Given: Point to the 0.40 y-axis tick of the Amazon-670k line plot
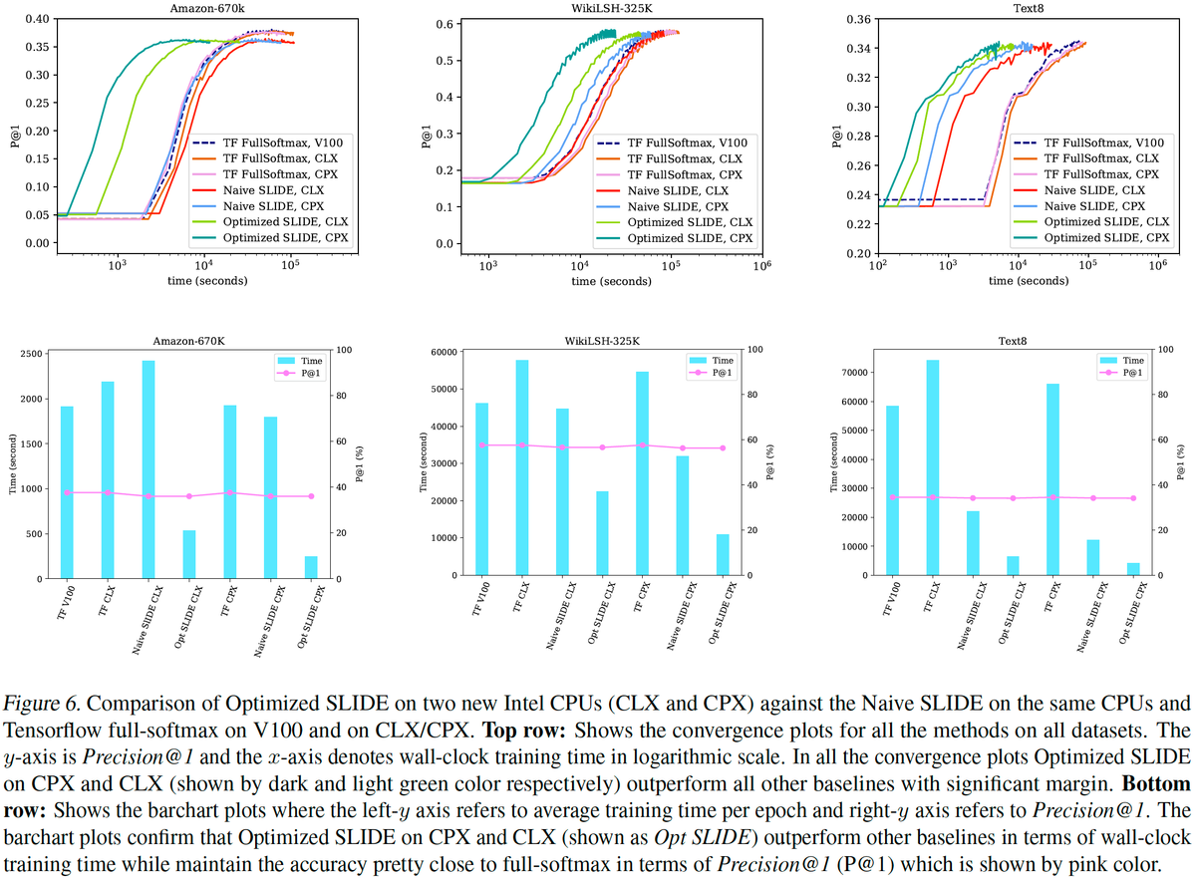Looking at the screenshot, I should (x=35, y=20).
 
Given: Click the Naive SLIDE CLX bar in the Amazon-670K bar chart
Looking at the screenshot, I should (x=148, y=469).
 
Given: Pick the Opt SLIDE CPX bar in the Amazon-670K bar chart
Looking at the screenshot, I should (x=310, y=567).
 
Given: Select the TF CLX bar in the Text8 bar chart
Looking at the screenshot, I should (x=932, y=467).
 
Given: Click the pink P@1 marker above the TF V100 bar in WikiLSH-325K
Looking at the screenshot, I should (x=482, y=444).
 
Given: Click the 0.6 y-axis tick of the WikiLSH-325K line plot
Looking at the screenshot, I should (x=447, y=24).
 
